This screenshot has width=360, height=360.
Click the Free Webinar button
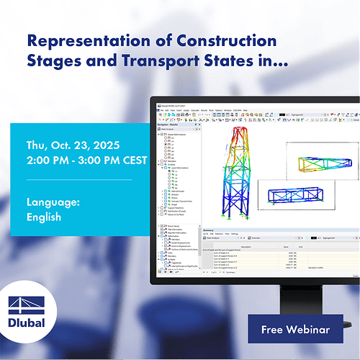296,330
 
